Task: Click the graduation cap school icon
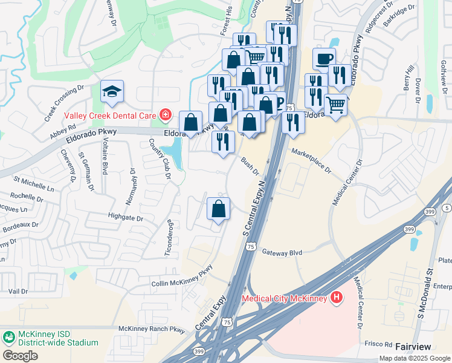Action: click(112, 91)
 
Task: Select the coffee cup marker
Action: click(324, 59)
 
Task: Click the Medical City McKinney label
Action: click(284, 298)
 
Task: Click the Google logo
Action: click(20, 355)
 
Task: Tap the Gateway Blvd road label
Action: click(282, 252)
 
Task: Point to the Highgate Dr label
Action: click(126, 218)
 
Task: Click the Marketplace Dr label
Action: click(311, 161)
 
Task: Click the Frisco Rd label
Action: click(378, 344)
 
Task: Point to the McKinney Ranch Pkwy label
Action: click(151, 329)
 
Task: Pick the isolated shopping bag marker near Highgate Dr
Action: click(219, 209)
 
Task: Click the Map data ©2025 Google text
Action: click(415, 358)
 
